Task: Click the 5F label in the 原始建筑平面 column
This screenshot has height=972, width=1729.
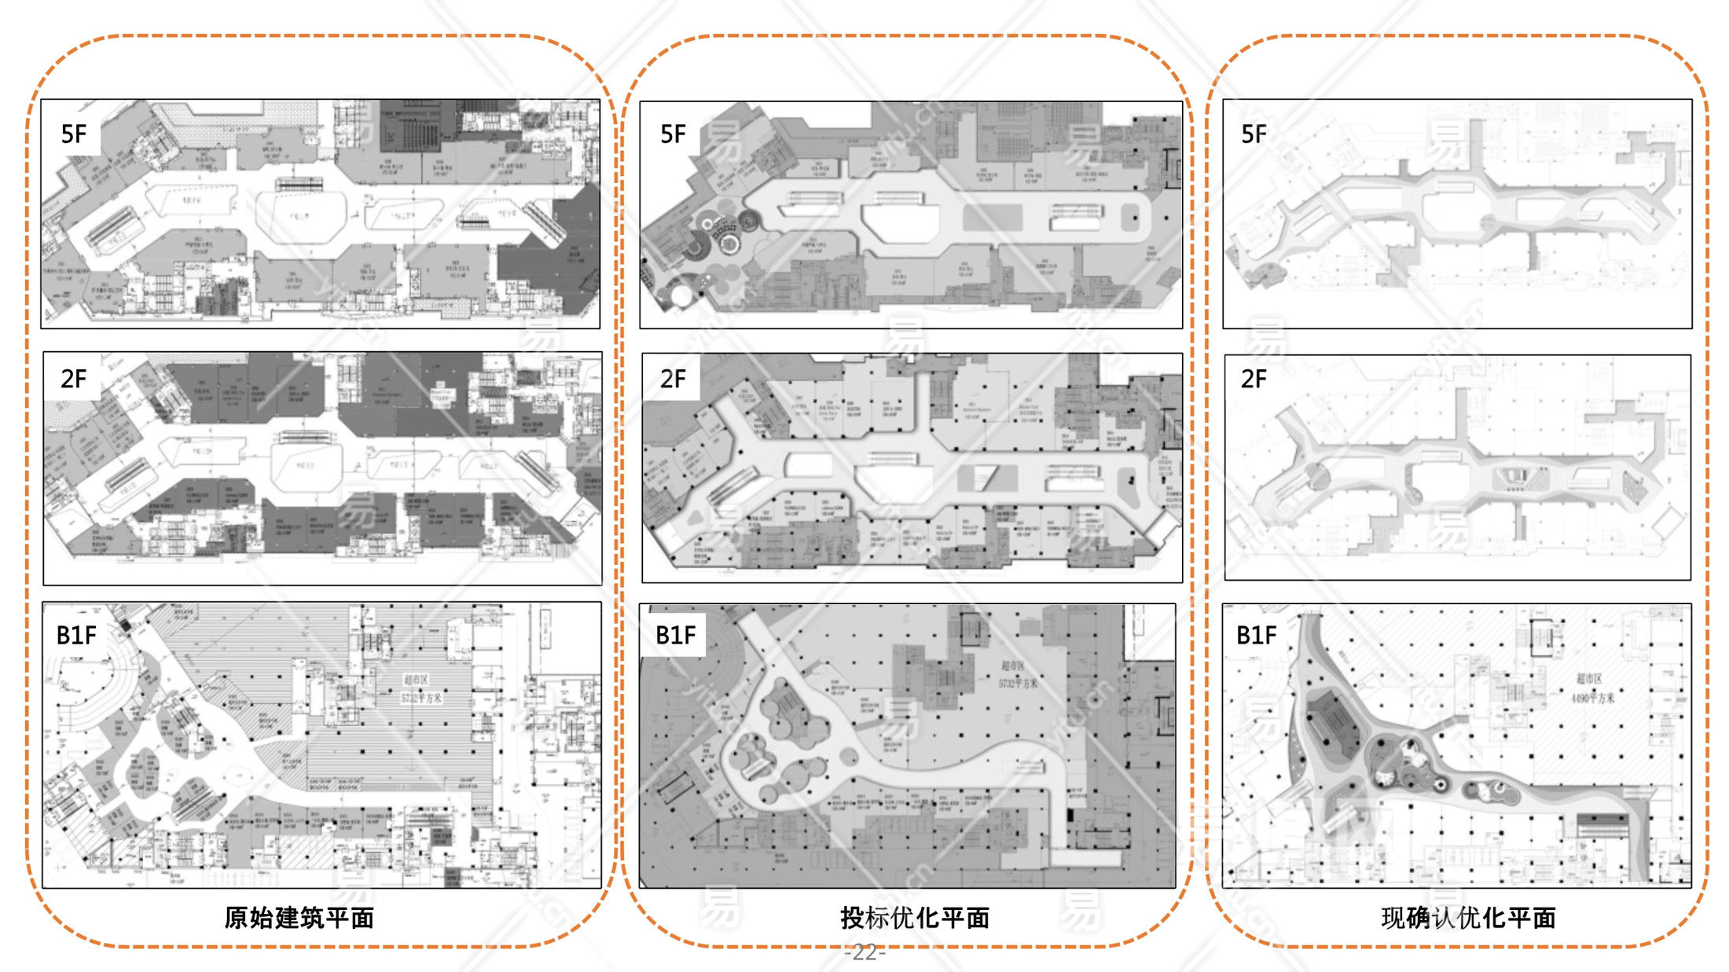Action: pyautogui.click(x=73, y=134)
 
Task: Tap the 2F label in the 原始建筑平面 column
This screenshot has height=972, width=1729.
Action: pyautogui.click(x=73, y=380)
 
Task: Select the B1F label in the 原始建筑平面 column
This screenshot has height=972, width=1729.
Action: pyautogui.click(x=76, y=635)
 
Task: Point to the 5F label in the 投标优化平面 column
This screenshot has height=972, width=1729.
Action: pyautogui.click(x=673, y=134)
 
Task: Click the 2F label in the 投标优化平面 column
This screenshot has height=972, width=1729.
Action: pyautogui.click(x=673, y=380)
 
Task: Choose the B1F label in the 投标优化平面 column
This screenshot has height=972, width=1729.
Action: pyautogui.click(x=676, y=635)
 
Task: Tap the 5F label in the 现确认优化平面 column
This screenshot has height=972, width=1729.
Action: pyautogui.click(x=1254, y=134)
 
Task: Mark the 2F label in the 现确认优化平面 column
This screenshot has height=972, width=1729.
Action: pyautogui.click(x=1254, y=380)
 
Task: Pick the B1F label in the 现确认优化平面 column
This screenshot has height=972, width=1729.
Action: pyautogui.click(x=1256, y=635)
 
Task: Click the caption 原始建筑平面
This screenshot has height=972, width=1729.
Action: pyautogui.click(x=299, y=918)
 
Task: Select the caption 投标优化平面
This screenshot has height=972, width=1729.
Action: pyautogui.click(x=915, y=918)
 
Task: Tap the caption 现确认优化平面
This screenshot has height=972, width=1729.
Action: pyautogui.click(x=1468, y=918)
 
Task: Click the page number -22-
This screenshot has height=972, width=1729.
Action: pyautogui.click(x=864, y=952)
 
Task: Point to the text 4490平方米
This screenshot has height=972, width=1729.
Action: pyautogui.click(x=1593, y=697)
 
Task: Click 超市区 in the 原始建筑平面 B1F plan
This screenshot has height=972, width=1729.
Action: pyautogui.click(x=416, y=680)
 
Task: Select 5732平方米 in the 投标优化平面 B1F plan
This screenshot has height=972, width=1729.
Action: pyautogui.click(x=1018, y=683)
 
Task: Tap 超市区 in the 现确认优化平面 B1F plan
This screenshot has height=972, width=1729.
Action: pyautogui.click(x=1589, y=678)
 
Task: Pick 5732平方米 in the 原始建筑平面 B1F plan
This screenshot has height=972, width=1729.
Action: pyautogui.click(x=421, y=698)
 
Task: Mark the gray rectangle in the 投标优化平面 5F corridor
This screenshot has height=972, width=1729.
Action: pyautogui.click(x=992, y=218)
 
